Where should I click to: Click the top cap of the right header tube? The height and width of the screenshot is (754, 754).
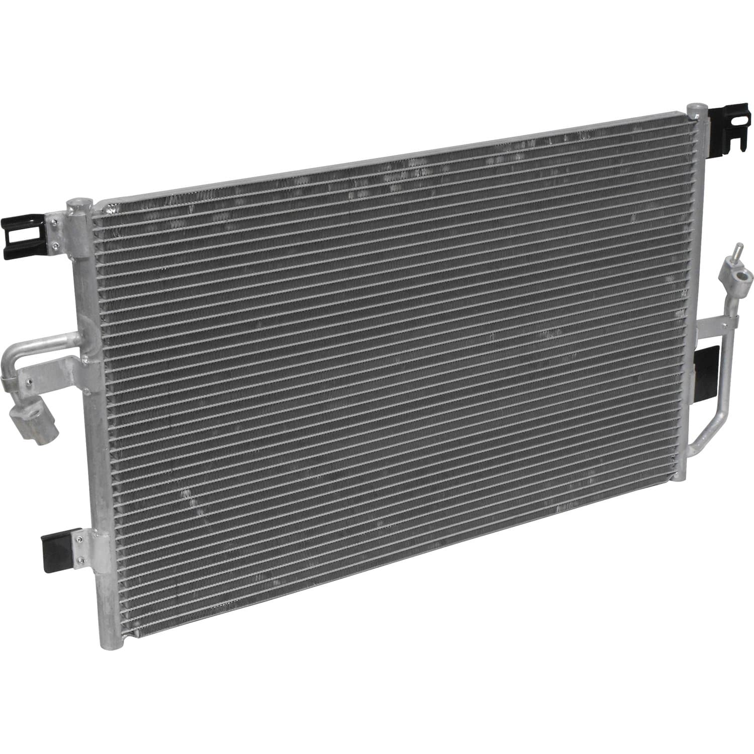[x=696, y=108]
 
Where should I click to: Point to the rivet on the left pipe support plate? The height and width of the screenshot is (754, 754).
[x=85, y=359]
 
